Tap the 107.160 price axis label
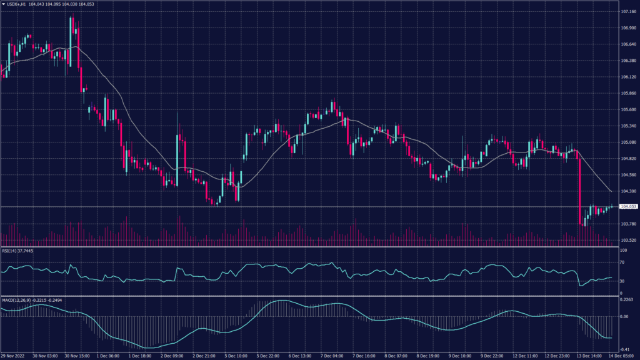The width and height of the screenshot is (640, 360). click(627, 12)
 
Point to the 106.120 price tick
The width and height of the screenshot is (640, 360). click(627, 77)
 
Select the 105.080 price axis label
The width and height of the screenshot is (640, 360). click(627, 142)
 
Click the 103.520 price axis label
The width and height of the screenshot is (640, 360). click(627, 240)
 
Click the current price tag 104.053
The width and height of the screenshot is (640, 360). click(627, 206)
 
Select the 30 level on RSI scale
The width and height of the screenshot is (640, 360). click(622, 281)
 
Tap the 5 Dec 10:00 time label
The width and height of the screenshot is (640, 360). click(237, 356)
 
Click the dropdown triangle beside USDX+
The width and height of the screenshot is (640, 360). click(3, 4)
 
